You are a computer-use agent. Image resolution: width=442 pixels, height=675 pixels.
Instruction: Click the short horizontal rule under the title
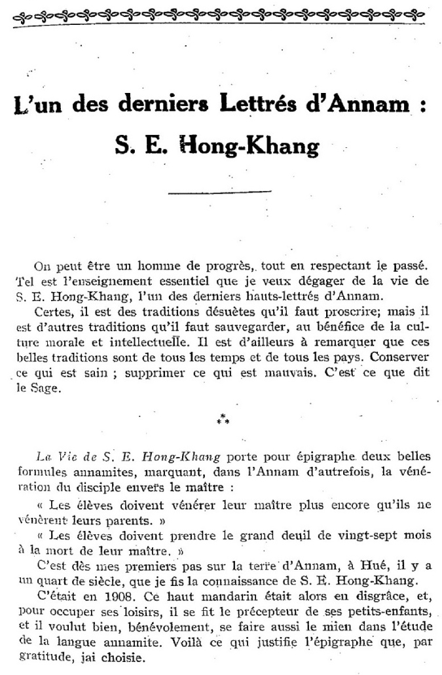220,192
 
